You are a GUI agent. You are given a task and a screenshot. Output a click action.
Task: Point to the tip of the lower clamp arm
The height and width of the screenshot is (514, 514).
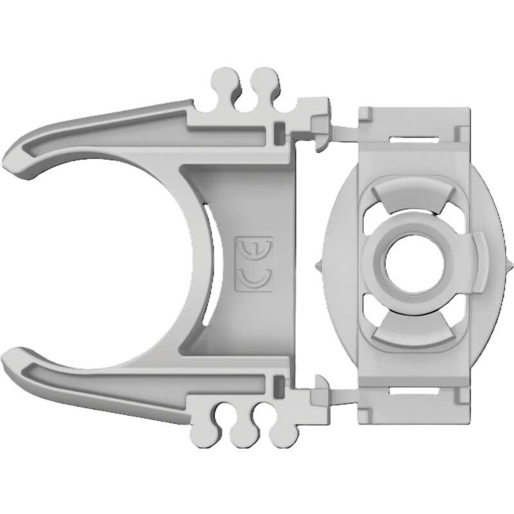point(14,357)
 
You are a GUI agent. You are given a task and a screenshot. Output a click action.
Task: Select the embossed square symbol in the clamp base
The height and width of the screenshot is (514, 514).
point(254,264)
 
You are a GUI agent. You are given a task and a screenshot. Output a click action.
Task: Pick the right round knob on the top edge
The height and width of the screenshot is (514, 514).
point(263,81)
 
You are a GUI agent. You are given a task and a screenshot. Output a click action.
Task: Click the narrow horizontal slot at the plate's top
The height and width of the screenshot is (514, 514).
point(411,136)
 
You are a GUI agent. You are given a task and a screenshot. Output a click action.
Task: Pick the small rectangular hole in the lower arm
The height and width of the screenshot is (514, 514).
point(279,386)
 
